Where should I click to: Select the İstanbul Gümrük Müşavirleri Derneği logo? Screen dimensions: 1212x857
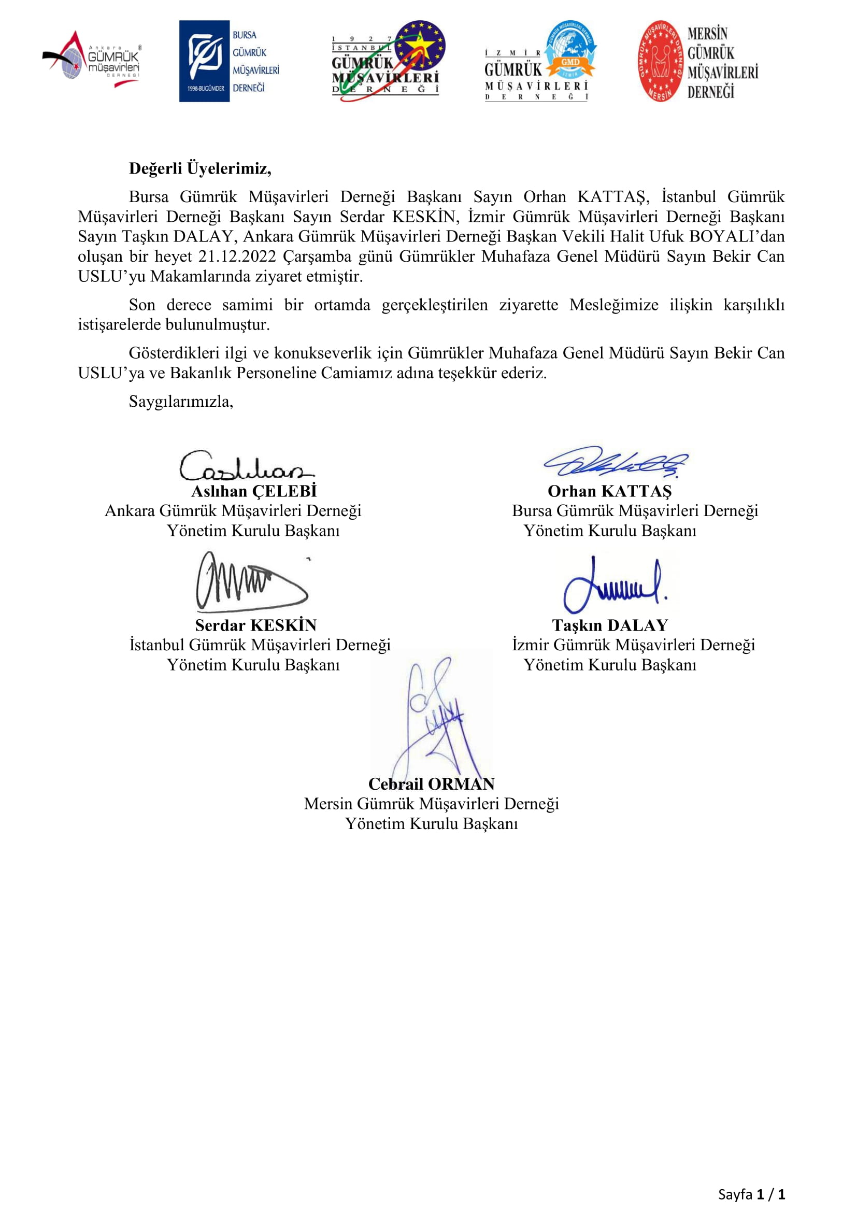point(388,61)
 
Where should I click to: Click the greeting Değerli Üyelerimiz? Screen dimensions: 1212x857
point(200,168)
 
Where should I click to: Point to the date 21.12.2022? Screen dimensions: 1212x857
point(237,256)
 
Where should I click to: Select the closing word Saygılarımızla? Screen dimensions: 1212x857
point(180,402)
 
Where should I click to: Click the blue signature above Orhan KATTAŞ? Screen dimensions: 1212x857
point(615,461)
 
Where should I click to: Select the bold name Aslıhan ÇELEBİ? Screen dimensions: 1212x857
point(254,491)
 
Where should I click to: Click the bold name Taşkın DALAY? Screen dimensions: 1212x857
point(610,625)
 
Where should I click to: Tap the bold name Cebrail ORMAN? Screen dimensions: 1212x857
point(431,784)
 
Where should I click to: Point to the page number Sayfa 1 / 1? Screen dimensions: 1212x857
point(751,1193)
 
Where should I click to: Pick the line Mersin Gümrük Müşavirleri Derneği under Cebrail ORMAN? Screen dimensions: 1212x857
point(431,804)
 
